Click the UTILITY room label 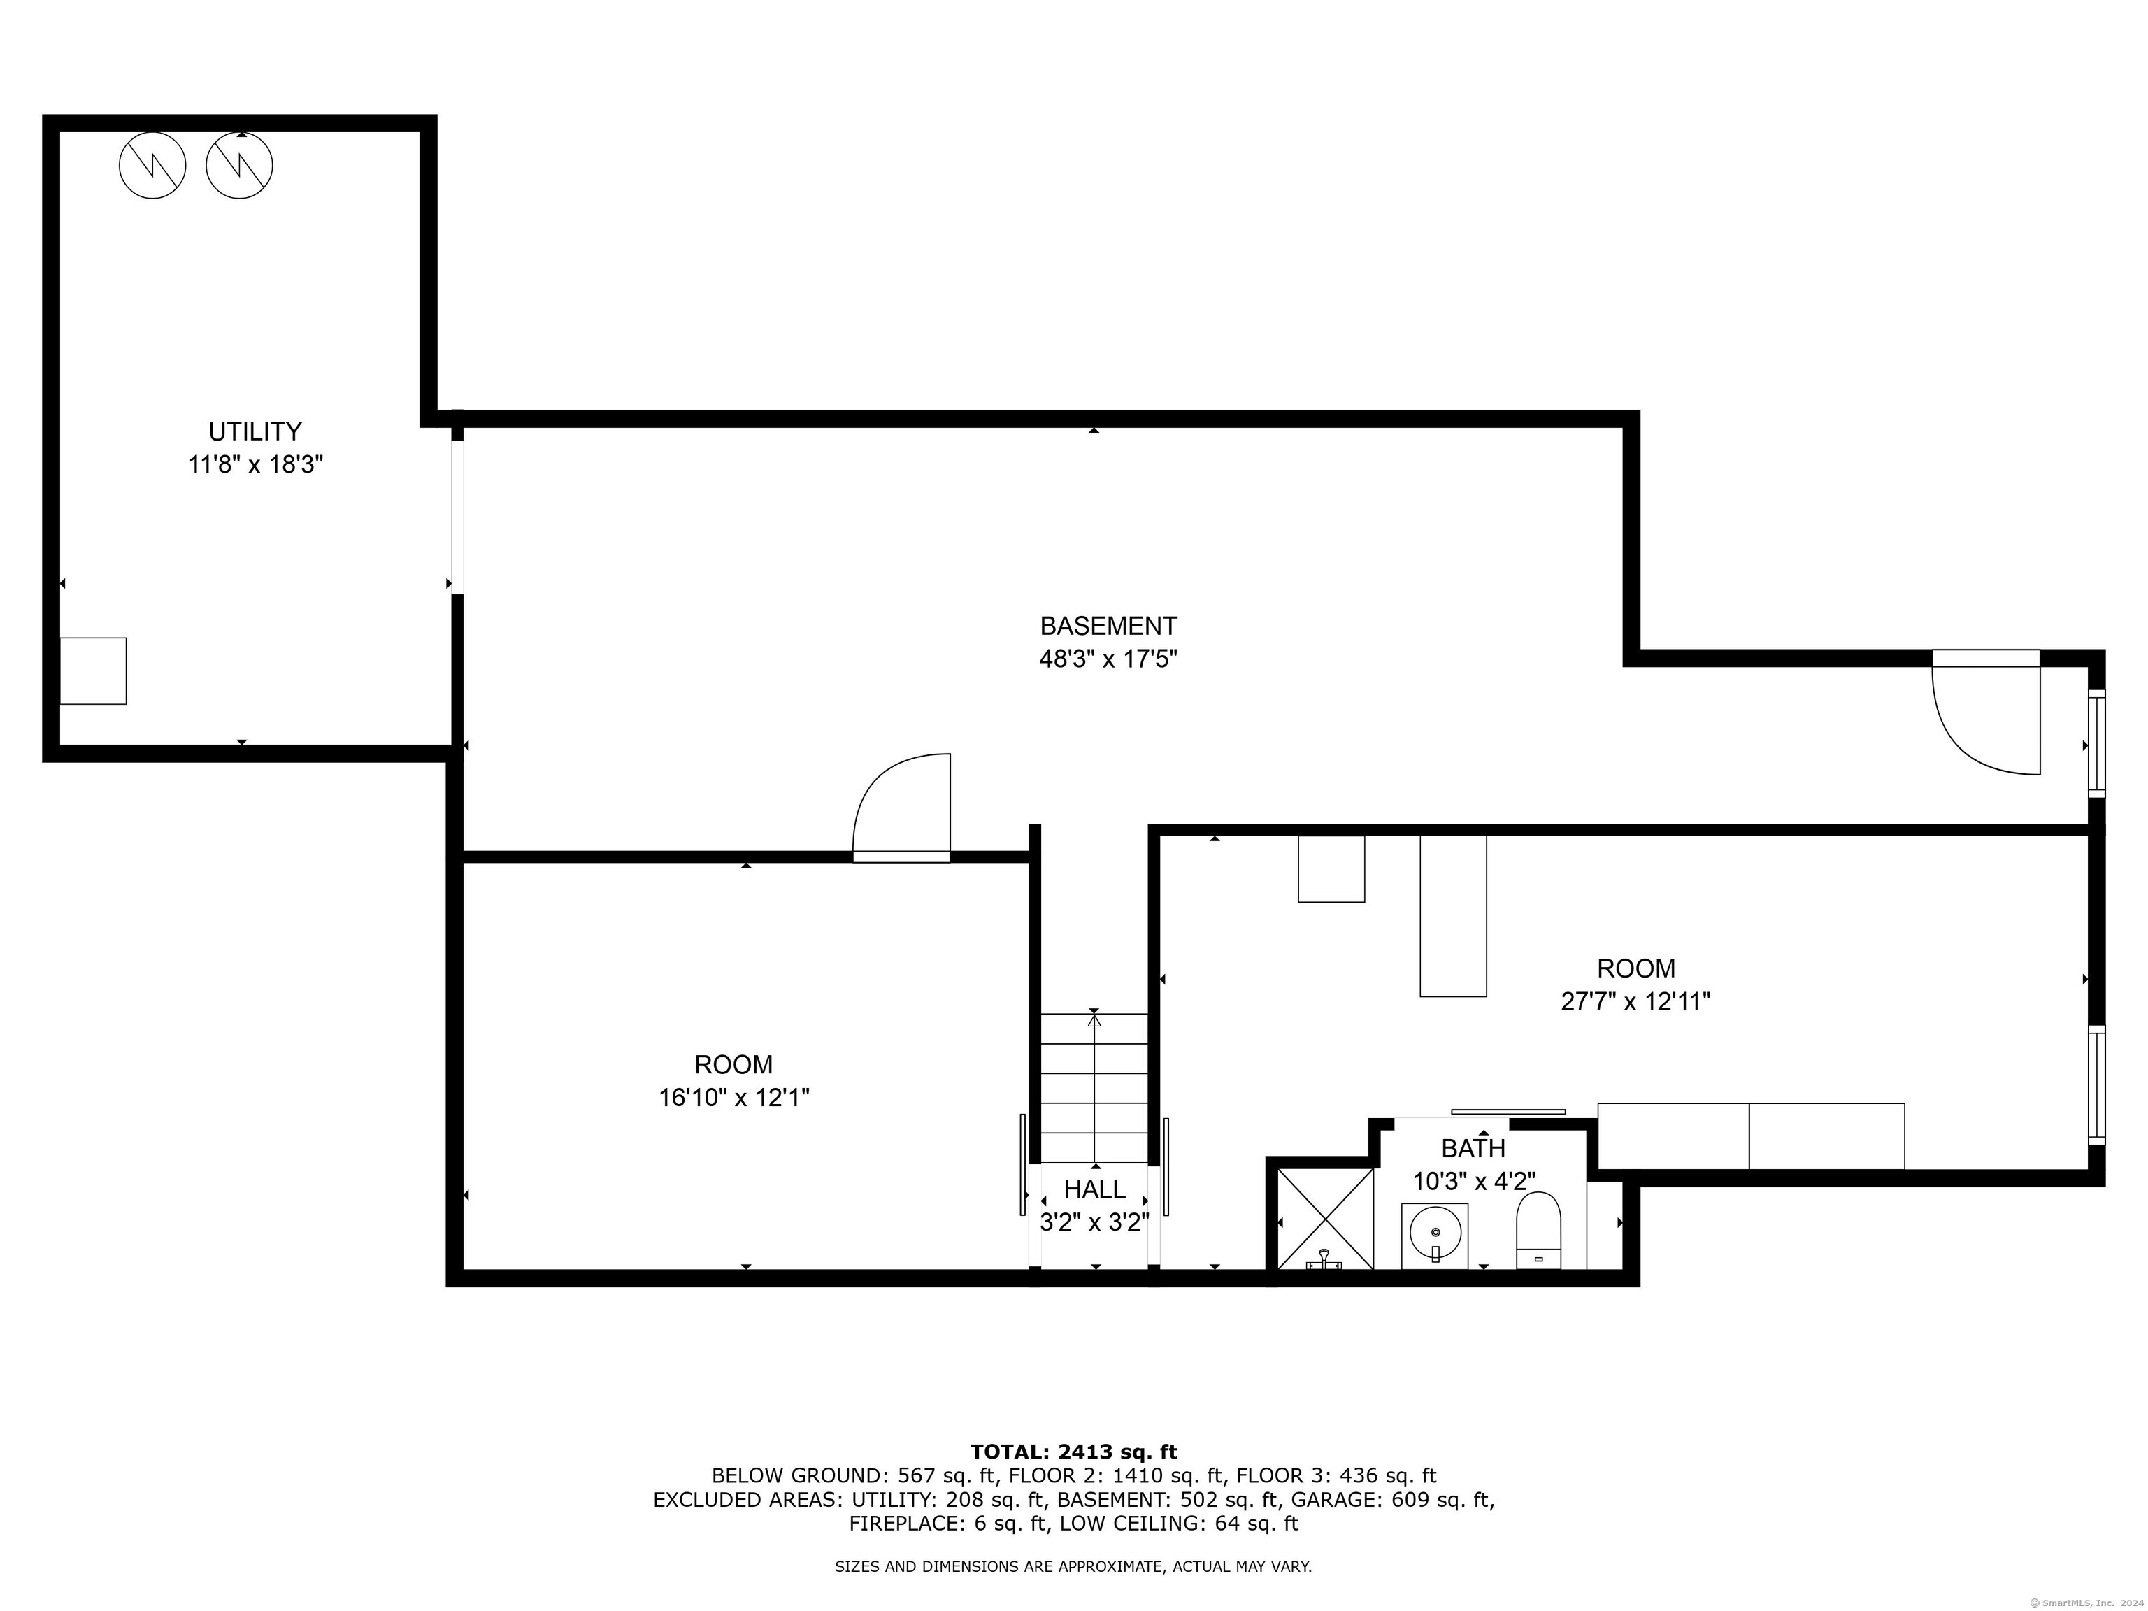pos(255,431)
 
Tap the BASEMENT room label pos(1108,626)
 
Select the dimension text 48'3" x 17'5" pos(1108,659)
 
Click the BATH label pos(1473,1149)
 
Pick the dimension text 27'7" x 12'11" pos(1635,1001)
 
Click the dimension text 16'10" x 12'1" pos(734,1097)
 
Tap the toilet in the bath pos(1538,1231)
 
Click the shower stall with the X pos(1324,1219)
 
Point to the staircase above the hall pos(1094,1087)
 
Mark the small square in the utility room pos(93,671)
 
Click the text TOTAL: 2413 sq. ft pos(1073,1452)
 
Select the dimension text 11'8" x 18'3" pos(255,465)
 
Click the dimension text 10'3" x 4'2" pos(1473,1182)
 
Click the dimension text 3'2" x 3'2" pos(1094,1222)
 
